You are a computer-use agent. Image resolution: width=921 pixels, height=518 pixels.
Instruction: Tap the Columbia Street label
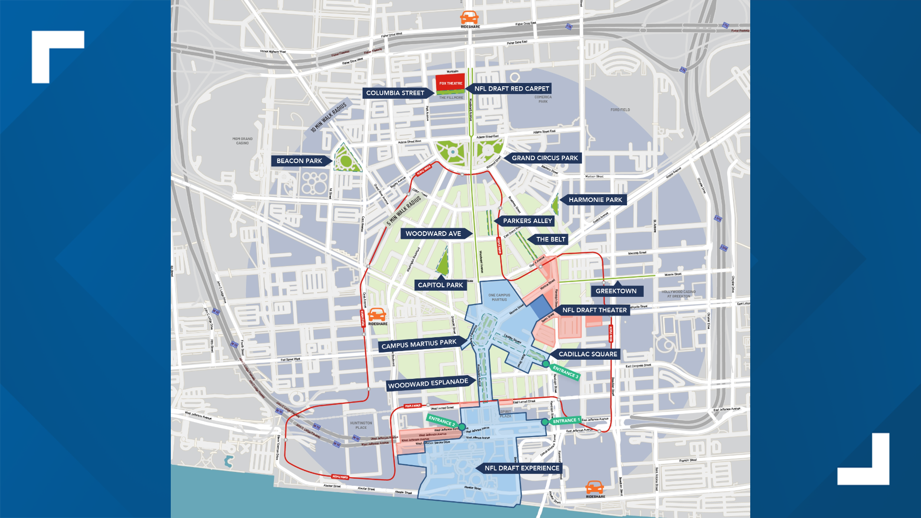click(x=395, y=93)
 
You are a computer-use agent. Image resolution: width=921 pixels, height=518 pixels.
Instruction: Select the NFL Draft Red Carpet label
click(x=511, y=89)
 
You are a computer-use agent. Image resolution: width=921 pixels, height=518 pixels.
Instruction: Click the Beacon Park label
click(x=299, y=161)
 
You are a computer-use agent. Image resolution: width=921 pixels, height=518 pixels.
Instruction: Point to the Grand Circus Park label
click(x=544, y=158)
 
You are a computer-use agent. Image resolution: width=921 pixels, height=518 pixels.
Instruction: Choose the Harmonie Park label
click(x=595, y=200)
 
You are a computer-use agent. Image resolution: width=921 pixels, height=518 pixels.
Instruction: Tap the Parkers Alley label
click(x=527, y=221)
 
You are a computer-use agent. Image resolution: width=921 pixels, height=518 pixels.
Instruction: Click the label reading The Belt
click(x=550, y=239)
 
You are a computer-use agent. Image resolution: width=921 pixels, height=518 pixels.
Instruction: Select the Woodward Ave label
click(x=433, y=234)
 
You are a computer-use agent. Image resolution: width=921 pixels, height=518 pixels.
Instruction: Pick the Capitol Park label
click(x=440, y=285)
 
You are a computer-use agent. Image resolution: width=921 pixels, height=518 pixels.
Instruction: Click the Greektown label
click(x=616, y=291)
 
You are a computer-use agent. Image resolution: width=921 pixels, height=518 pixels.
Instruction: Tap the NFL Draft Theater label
click(x=594, y=310)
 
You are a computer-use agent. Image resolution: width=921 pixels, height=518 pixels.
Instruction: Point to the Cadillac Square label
click(x=588, y=354)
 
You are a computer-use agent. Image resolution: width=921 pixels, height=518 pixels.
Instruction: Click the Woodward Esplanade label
click(x=428, y=384)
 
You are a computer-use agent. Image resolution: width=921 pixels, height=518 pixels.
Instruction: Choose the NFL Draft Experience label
click(x=521, y=468)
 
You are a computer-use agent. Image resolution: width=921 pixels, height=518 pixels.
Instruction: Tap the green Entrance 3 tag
click(x=566, y=372)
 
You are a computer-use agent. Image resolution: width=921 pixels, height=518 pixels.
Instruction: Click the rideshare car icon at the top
click(x=469, y=18)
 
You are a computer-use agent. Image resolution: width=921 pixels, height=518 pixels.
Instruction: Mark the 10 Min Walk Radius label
click(x=329, y=118)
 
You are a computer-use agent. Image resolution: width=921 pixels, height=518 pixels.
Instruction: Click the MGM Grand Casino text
click(x=242, y=141)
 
